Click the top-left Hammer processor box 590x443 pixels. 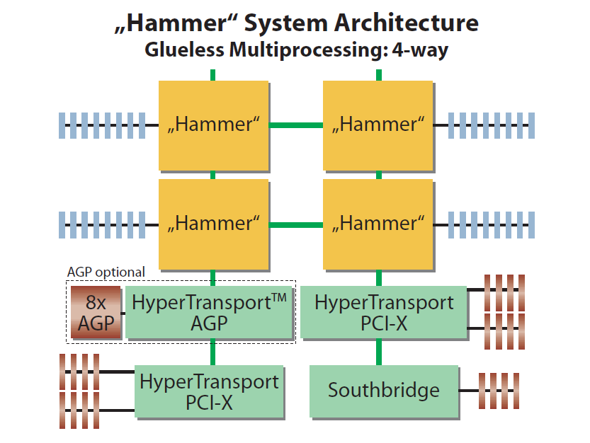coord(213,125)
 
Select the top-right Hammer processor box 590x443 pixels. coord(378,125)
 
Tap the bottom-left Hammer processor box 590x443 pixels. coord(213,224)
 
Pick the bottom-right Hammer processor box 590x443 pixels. coord(378,224)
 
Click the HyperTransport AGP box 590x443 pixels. coord(209,311)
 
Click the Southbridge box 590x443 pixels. coord(383,390)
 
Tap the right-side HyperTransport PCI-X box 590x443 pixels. coord(383,311)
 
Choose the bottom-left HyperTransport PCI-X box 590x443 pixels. coord(209,391)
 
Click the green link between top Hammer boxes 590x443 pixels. coord(295,125)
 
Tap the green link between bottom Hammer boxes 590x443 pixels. coord(295,224)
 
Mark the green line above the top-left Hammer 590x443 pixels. coord(212,74)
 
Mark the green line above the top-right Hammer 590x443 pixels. coord(378,74)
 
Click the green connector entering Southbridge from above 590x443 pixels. coord(378,352)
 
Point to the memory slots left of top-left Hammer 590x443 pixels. coord(102,125)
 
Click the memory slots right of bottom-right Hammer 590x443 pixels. coord(491,224)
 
